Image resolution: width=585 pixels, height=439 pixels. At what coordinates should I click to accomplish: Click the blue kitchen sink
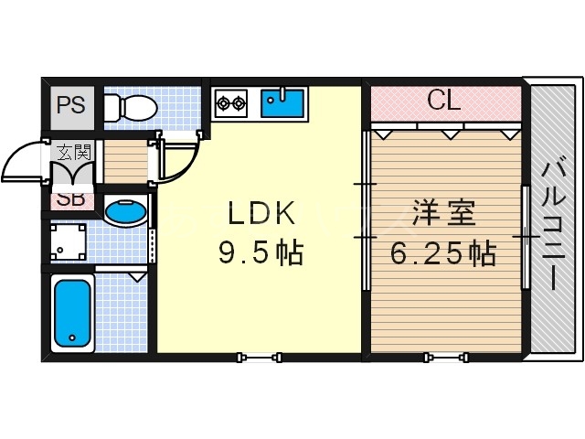point(284,102)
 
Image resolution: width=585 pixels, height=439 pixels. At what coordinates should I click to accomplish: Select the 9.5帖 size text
point(261,251)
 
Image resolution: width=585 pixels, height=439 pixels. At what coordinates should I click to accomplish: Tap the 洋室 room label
point(442,214)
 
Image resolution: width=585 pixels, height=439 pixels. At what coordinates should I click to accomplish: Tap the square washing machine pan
point(70,244)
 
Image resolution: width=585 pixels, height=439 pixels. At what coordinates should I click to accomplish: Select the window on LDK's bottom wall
point(259,356)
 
